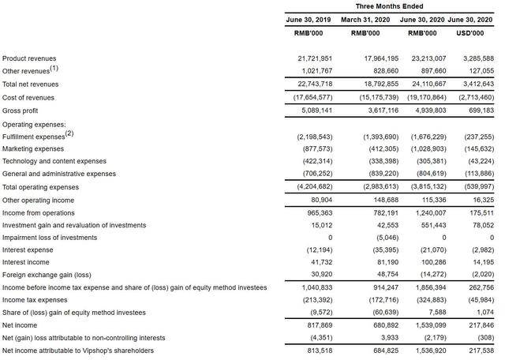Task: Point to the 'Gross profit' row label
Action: (x=21, y=111)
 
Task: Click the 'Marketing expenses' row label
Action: (x=33, y=148)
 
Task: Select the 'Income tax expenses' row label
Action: (x=35, y=300)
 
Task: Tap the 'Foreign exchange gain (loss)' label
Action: (x=47, y=275)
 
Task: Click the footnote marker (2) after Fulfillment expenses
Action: (x=69, y=133)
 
